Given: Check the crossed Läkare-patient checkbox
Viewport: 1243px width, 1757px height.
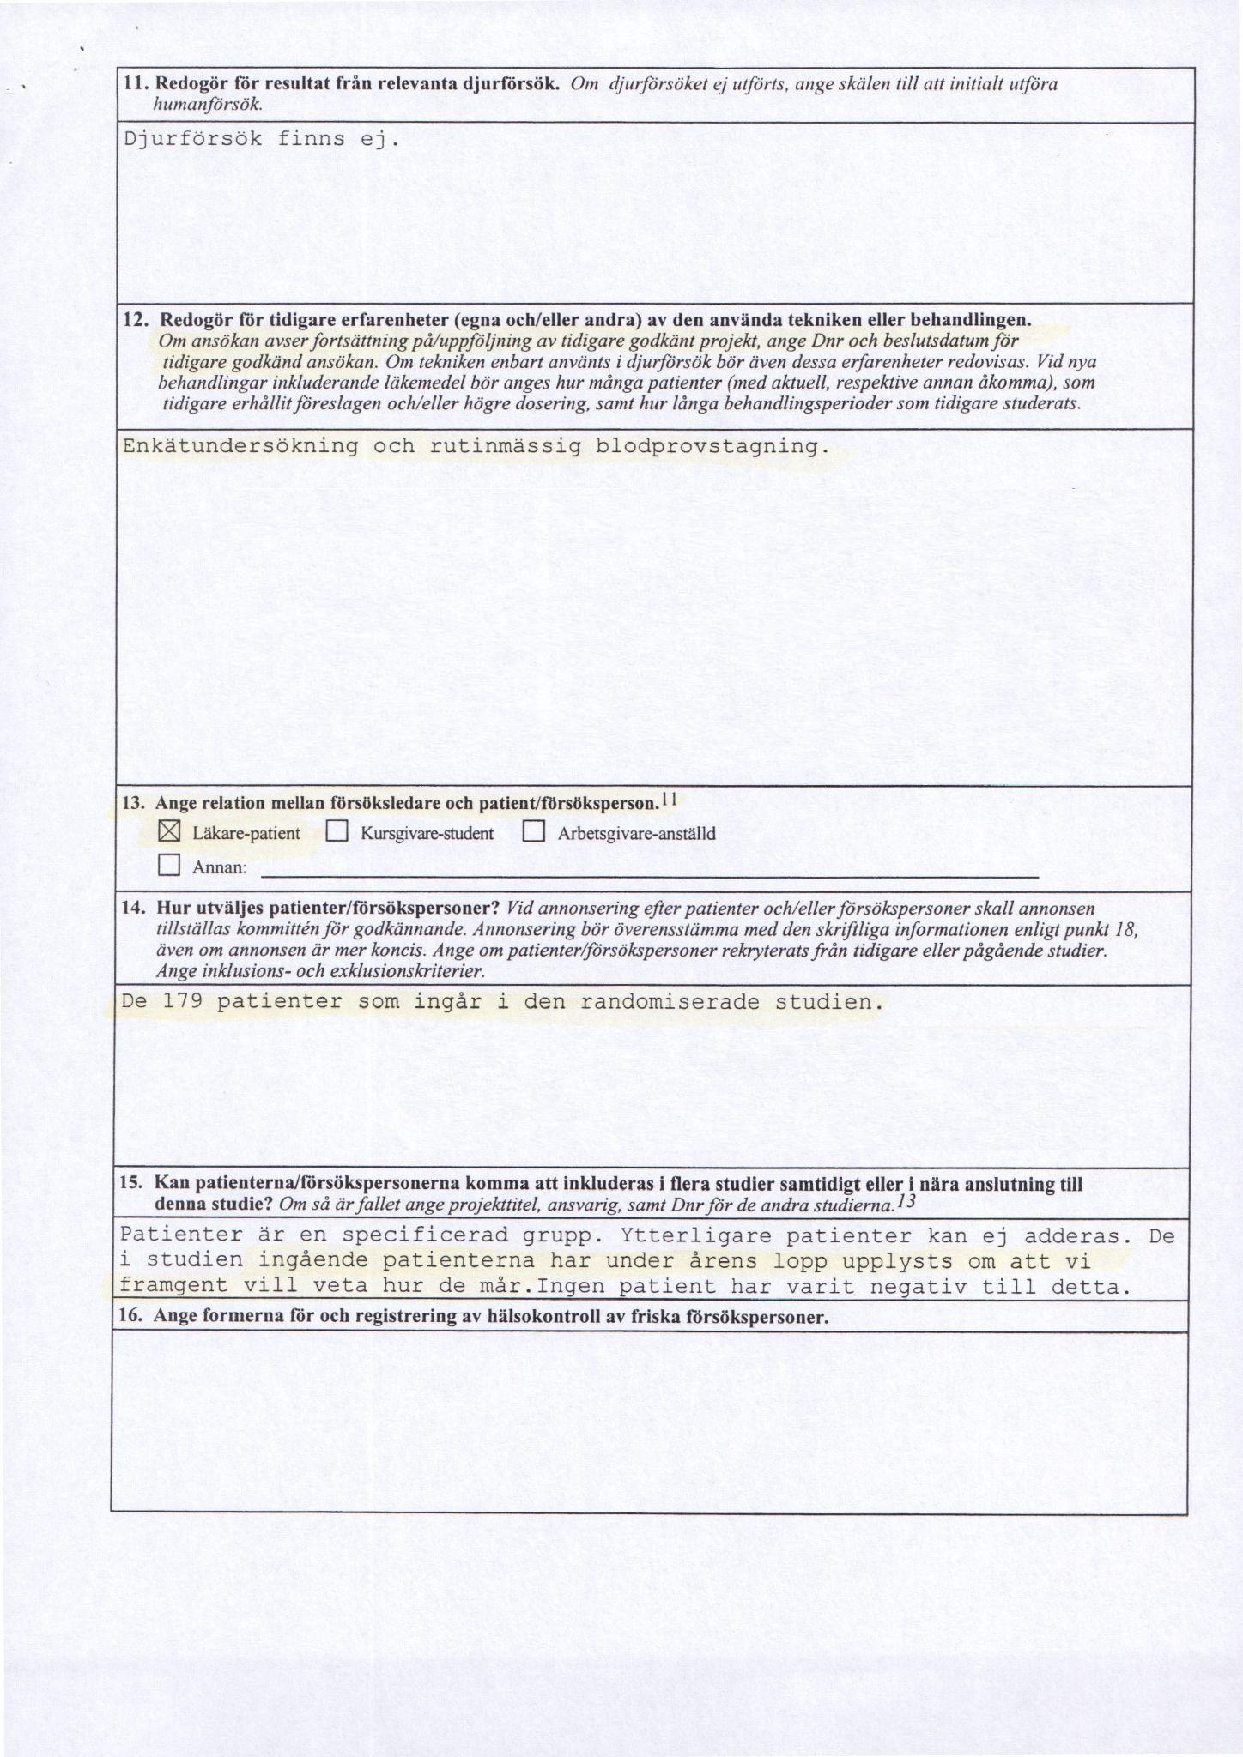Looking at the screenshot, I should (x=169, y=832).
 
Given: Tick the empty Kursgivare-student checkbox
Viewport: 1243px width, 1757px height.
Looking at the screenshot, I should (x=337, y=832).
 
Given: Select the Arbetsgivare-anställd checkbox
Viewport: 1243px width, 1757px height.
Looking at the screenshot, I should (x=534, y=832).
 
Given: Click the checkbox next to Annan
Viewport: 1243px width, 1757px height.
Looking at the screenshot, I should (x=169, y=866).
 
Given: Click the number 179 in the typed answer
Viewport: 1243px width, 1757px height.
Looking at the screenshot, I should (x=178, y=1001).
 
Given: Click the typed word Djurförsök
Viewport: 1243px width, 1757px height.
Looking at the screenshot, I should (x=193, y=139).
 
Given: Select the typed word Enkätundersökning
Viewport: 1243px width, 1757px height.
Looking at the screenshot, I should (x=241, y=446).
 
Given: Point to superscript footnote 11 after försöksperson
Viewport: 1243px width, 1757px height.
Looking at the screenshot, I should (x=670, y=800).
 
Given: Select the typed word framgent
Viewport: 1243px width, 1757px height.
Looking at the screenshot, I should (x=175, y=1286).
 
